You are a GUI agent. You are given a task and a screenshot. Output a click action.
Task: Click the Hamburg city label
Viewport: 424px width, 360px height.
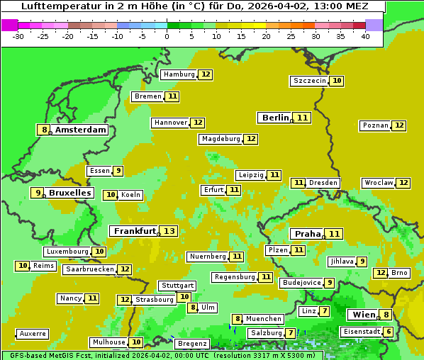coord(179,74)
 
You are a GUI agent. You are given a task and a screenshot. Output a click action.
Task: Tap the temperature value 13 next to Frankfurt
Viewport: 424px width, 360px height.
coord(169,231)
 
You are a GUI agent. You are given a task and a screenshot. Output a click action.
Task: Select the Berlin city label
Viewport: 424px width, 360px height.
coord(275,118)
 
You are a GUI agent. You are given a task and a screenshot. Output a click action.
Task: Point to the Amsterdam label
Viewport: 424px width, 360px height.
coord(81,130)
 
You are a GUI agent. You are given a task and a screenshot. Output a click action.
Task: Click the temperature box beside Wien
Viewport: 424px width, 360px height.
coord(386,315)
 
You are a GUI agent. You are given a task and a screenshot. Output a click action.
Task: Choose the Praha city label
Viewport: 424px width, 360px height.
coord(308,234)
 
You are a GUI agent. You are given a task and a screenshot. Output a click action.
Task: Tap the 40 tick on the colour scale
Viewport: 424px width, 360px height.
coord(365,36)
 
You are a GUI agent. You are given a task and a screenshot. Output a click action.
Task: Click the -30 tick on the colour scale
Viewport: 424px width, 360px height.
coord(18,36)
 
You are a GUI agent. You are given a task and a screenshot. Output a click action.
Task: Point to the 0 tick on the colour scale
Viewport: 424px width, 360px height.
coord(167,36)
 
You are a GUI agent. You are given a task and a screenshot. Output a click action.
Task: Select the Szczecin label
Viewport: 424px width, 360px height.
coord(310,81)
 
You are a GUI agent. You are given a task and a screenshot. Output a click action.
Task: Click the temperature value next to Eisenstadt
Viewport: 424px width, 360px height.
coord(388,332)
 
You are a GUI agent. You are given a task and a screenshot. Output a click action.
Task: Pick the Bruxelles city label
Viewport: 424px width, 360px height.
coord(70,193)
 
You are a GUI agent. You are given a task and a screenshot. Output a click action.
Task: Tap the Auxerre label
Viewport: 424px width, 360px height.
coord(33,334)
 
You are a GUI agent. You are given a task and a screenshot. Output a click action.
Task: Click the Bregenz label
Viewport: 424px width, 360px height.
coord(191,344)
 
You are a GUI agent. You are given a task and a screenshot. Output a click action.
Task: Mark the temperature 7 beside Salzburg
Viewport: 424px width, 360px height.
coord(291,333)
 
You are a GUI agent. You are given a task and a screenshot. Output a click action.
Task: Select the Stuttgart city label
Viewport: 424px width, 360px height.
coord(177,286)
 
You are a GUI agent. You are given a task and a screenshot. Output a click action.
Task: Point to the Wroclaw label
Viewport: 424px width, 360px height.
coord(379,183)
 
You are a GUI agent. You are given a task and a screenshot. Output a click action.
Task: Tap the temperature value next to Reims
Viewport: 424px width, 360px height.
coord(23,266)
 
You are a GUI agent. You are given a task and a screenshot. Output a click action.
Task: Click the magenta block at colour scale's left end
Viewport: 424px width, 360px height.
coord(9,25)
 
